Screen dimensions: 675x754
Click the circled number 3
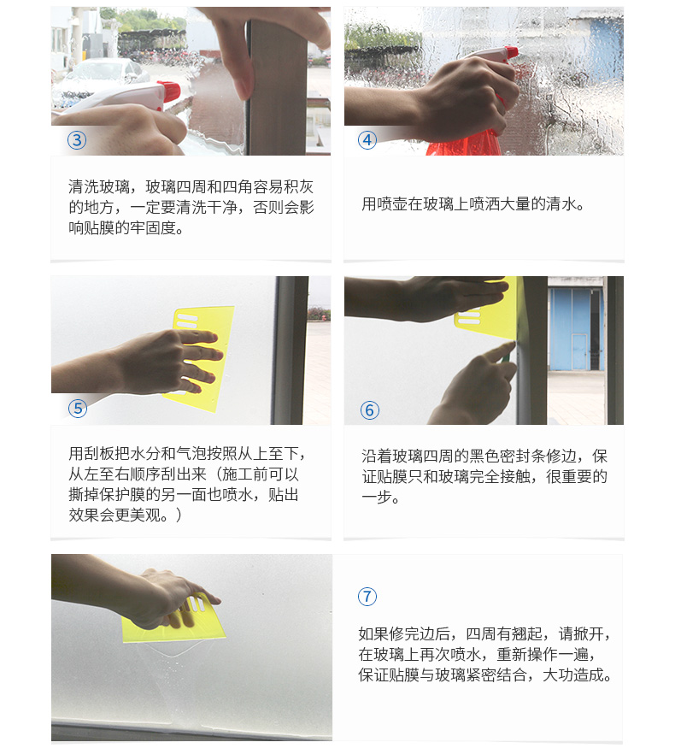(x=77, y=140)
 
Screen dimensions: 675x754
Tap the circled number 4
(x=367, y=140)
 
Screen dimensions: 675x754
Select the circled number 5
(x=78, y=409)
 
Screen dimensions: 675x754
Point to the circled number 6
(x=370, y=410)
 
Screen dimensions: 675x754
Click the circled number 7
(x=367, y=597)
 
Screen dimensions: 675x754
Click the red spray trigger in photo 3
(x=168, y=91)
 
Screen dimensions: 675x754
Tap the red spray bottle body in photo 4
(x=464, y=144)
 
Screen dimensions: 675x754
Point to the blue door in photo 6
(x=572, y=329)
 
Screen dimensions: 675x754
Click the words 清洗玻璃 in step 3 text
(x=99, y=186)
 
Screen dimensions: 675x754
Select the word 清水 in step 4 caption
(x=561, y=203)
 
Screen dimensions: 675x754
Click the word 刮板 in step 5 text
(x=99, y=453)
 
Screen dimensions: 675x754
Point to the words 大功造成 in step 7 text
(x=572, y=675)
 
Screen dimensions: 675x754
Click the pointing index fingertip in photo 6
(x=511, y=345)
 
